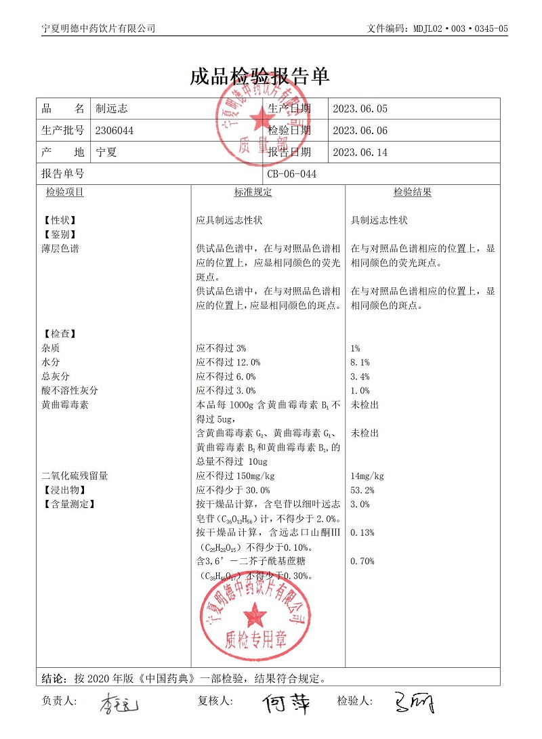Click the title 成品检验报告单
pos(260,76)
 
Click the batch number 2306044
pos(114,131)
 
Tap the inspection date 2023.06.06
pos(360,131)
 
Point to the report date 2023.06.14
pos(360,152)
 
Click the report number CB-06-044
pos(292,174)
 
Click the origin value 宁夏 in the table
pos(106,152)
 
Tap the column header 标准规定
pos(253,192)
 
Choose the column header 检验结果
pos(413,192)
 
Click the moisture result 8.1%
pos(360,362)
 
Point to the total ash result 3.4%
pos(360,377)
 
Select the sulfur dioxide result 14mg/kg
pos(367,476)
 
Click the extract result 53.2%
pos(362,490)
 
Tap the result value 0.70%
pos(362,561)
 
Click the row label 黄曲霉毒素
pos(65,405)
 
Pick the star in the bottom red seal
pos(255,615)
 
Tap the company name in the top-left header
pos(98,28)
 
